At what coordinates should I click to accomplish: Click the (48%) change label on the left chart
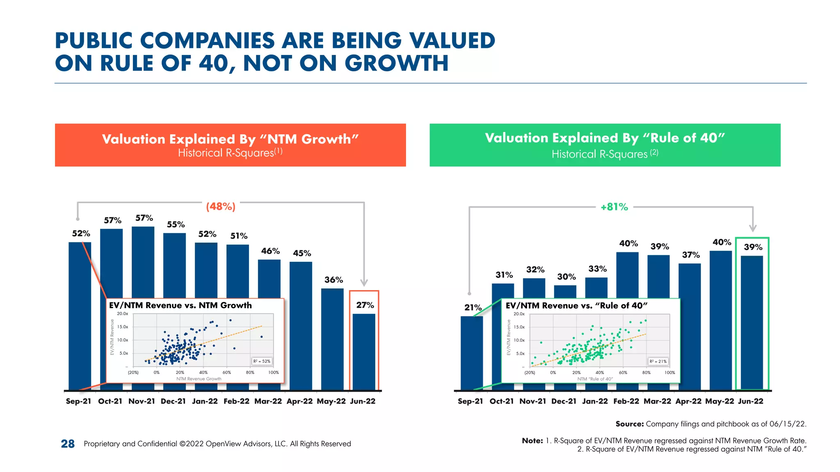(221, 206)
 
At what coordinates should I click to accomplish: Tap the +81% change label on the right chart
(614, 207)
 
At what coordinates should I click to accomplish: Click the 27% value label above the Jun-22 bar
(365, 305)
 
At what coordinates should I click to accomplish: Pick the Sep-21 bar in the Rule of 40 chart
(472, 353)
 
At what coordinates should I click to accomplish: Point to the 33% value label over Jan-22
(597, 269)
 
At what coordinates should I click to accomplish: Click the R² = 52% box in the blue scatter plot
(262, 361)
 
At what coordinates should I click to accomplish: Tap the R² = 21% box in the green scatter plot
(658, 361)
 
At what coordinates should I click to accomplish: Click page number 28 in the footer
(68, 444)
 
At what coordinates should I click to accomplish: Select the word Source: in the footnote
(630, 424)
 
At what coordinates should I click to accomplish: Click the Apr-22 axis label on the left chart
(299, 401)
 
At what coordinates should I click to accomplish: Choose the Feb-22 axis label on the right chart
(626, 401)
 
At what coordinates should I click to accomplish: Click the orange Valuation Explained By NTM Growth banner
(230, 145)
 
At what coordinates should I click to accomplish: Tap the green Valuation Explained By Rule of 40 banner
(605, 145)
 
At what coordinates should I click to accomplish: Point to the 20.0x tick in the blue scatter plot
(122, 314)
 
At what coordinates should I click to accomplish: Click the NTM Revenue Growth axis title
(199, 379)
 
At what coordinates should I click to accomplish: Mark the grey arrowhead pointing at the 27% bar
(364, 283)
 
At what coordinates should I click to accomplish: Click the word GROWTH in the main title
(396, 63)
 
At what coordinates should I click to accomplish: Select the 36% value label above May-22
(333, 280)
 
